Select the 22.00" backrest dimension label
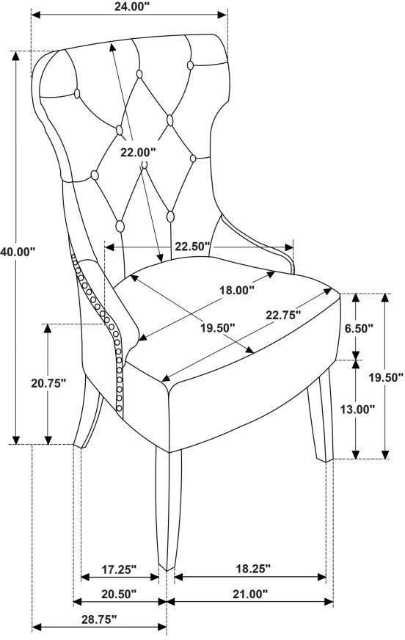[138, 153]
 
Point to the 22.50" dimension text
[193, 247]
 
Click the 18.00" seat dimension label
[237, 290]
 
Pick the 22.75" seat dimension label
[283, 315]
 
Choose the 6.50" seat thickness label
[358, 328]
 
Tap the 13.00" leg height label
[358, 409]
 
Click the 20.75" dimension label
[48, 383]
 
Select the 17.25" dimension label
[118, 570]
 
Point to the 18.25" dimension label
[253, 569]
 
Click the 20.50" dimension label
[119, 594]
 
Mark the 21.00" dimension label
[250, 594]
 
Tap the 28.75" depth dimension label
[99, 619]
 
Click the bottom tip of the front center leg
[166, 570]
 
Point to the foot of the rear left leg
[79, 446]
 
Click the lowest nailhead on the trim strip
[119, 407]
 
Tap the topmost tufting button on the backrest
[190, 65]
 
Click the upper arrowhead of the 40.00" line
[16, 57]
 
